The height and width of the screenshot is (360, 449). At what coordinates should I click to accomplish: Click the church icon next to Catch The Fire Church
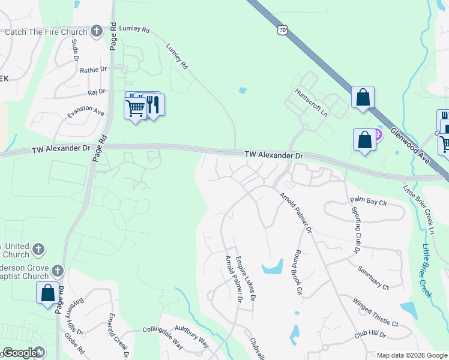coord(97,32)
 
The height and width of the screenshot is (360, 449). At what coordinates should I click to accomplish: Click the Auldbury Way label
coord(191,337)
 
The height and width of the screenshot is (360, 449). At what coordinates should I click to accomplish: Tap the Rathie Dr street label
coord(93,70)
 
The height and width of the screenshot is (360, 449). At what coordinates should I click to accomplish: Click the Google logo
coord(20,353)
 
